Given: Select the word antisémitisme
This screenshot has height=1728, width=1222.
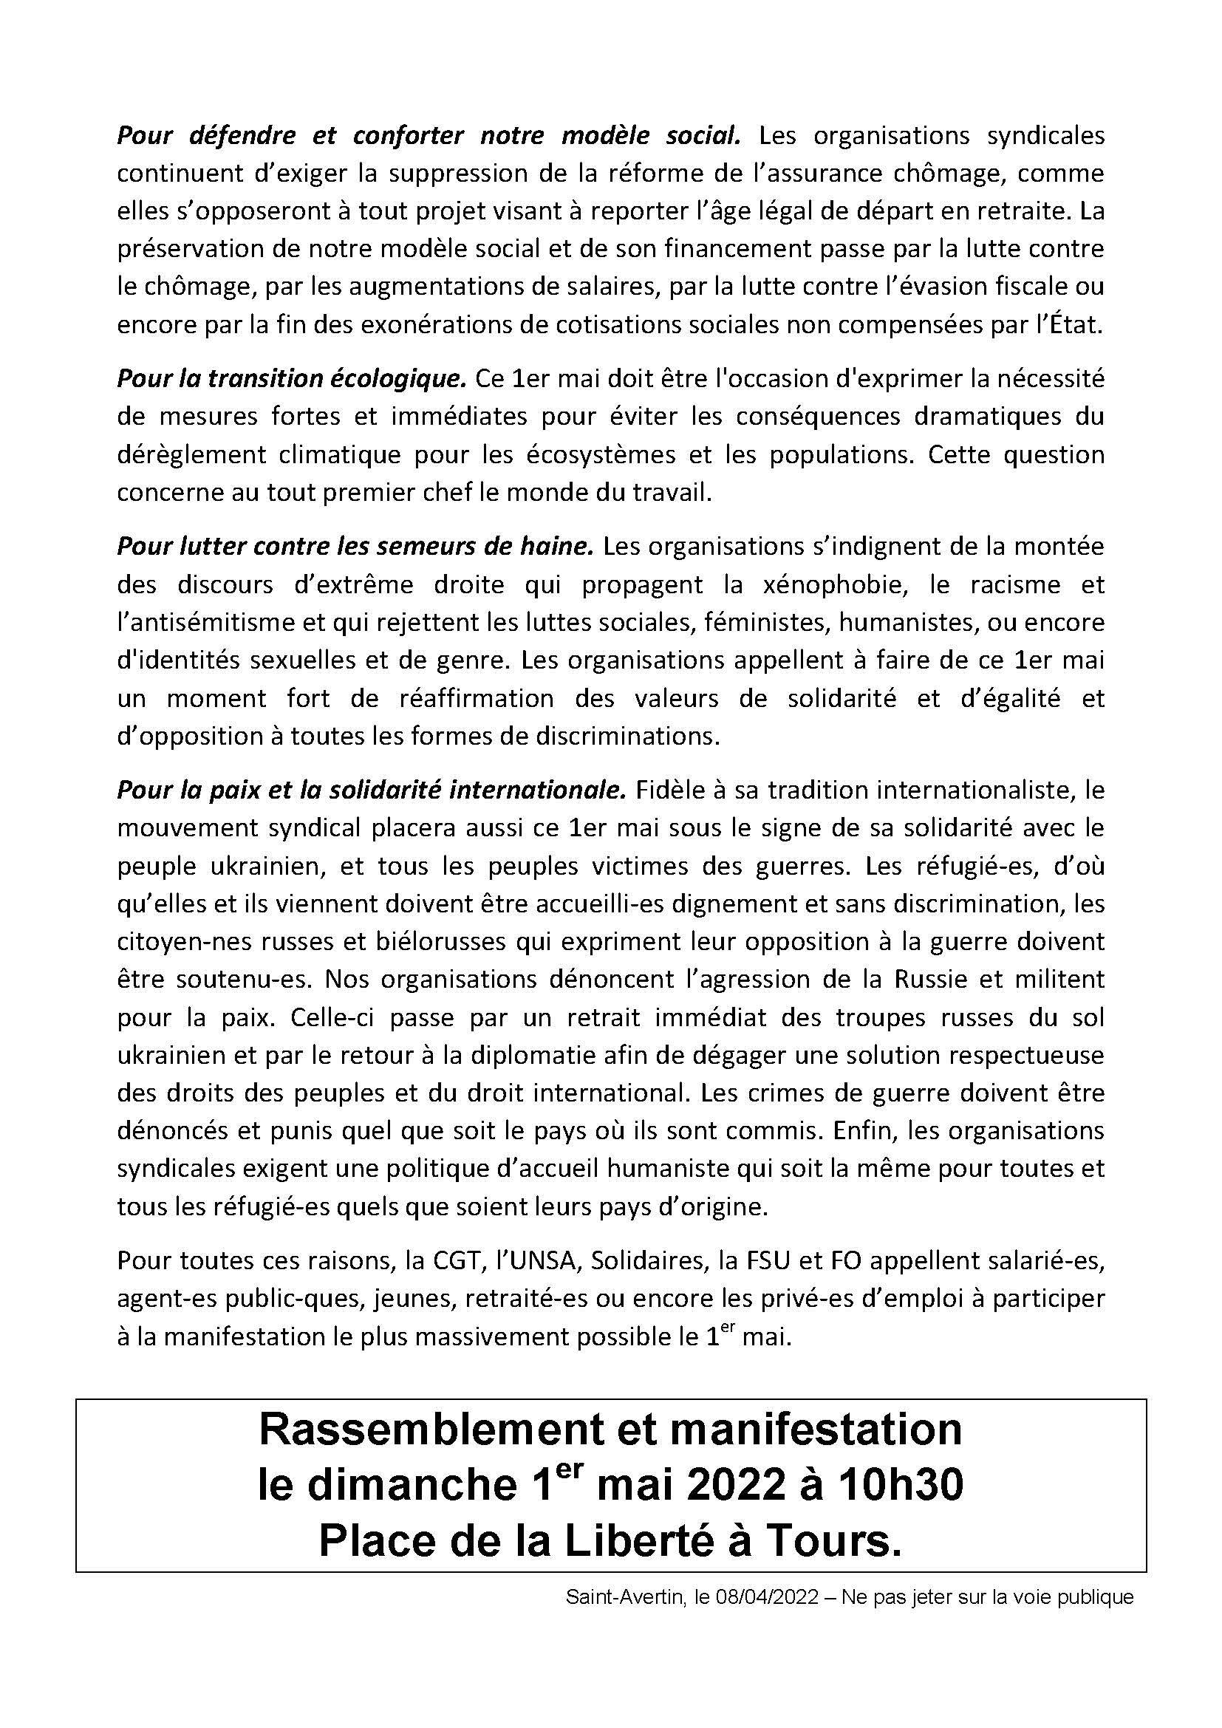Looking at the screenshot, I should [x=214, y=622].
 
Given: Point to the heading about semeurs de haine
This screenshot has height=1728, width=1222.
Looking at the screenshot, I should [x=355, y=546].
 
